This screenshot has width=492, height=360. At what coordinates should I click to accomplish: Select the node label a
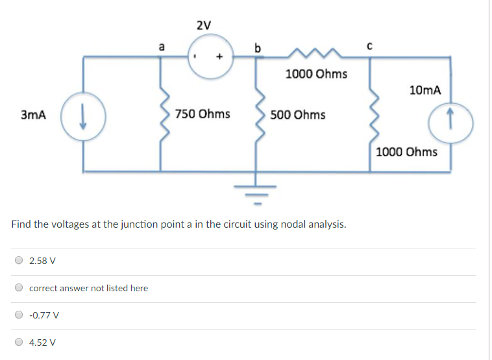pyautogui.click(x=162, y=46)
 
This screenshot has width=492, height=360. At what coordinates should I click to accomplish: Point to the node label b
pyautogui.click(x=258, y=47)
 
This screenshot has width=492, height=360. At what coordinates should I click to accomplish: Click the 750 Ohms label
pyautogui.click(x=202, y=114)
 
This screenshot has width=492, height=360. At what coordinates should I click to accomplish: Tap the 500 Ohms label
pyautogui.click(x=298, y=115)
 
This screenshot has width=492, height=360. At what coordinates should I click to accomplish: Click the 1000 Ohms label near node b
pyautogui.click(x=316, y=74)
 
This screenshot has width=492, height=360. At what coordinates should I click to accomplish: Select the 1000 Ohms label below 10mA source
pyautogui.click(x=406, y=152)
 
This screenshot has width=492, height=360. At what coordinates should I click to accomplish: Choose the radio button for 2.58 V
pyautogui.click(x=19, y=261)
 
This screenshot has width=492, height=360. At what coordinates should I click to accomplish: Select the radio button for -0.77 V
pyautogui.click(x=19, y=315)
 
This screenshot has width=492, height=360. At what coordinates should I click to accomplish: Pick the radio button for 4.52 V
pyautogui.click(x=19, y=342)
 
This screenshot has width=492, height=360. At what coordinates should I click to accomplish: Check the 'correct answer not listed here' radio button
pyautogui.click(x=19, y=288)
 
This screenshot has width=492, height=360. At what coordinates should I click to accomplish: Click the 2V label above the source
pyautogui.click(x=203, y=26)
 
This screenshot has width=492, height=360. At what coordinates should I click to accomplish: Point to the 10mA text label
pyautogui.click(x=425, y=90)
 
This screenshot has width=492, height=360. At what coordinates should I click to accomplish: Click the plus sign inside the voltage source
pyautogui.click(x=220, y=56)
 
